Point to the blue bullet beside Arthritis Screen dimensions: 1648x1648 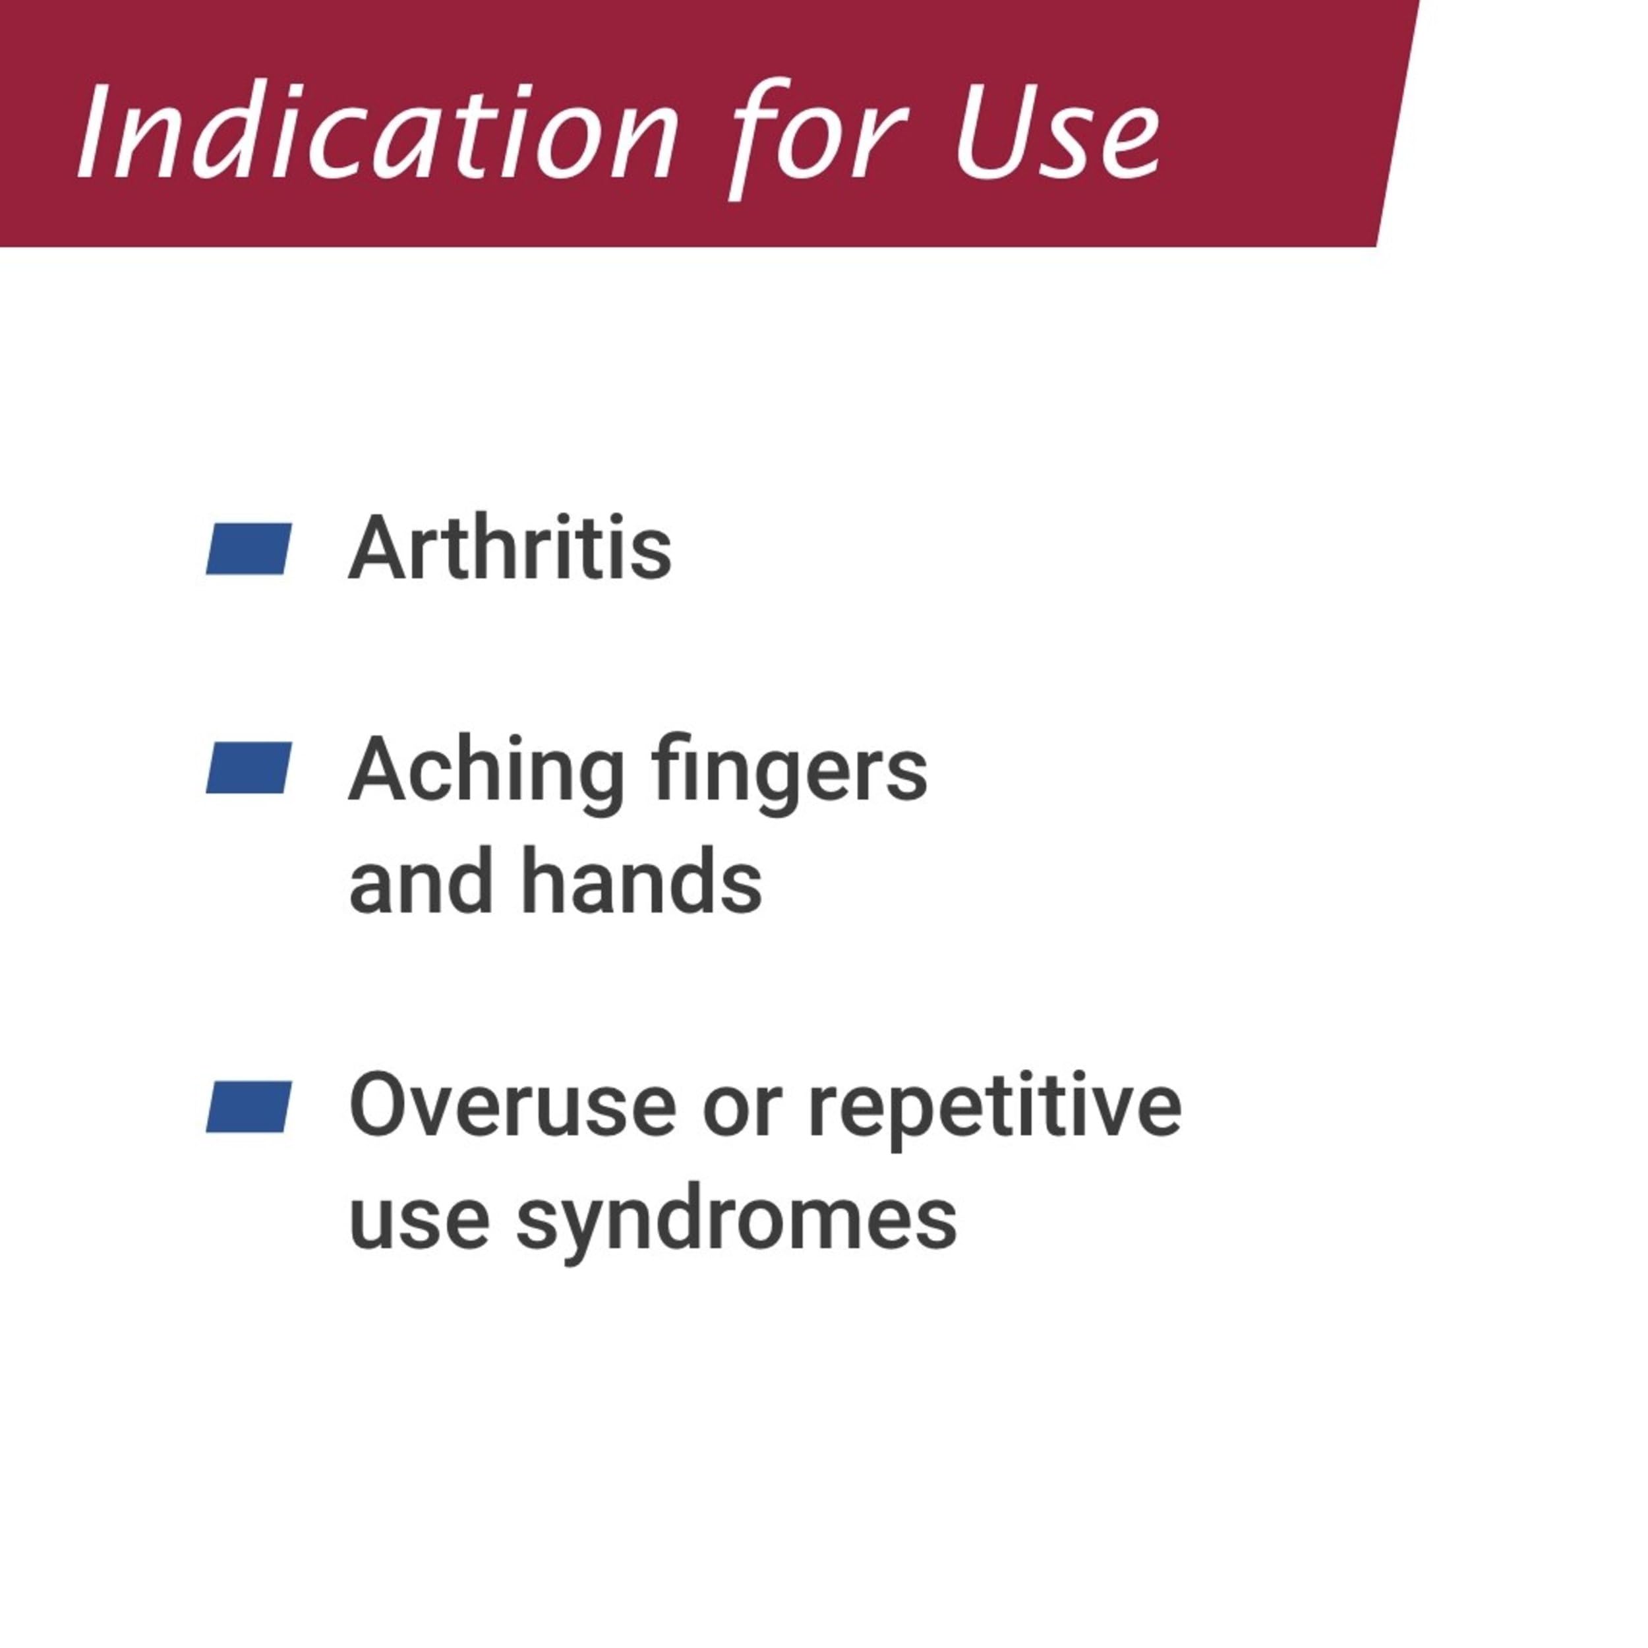coord(249,548)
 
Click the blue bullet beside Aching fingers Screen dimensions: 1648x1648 coord(249,768)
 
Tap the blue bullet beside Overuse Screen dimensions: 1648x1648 coord(249,1106)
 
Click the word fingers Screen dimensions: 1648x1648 coord(789,775)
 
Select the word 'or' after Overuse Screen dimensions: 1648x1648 coord(742,1115)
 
